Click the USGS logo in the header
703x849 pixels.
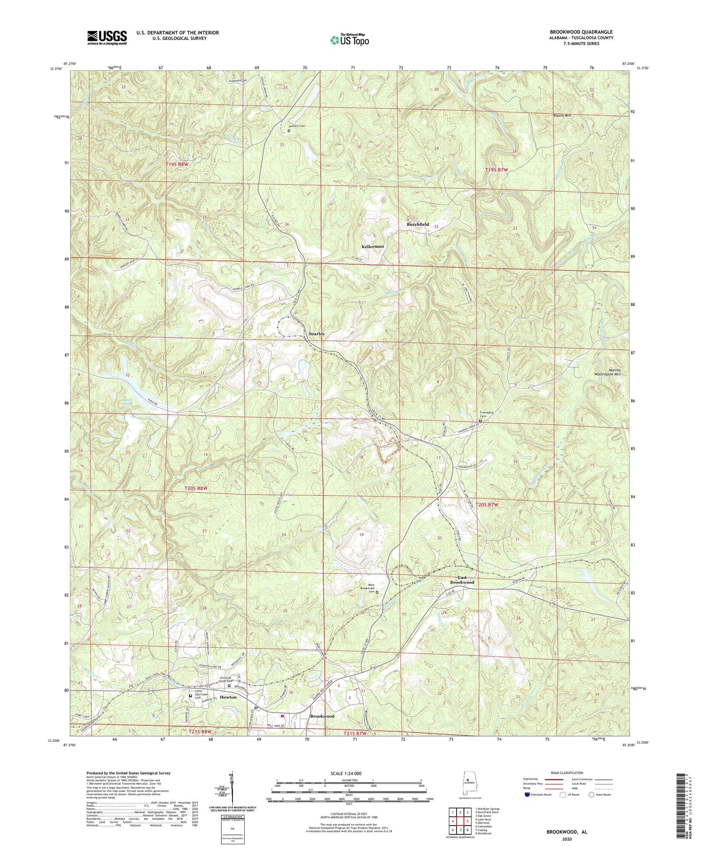pos(107,37)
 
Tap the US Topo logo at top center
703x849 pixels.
pos(350,40)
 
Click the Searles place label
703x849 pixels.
pos(316,333)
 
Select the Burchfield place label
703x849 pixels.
pos(417,225)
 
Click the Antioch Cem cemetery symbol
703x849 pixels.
pos(289,131)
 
